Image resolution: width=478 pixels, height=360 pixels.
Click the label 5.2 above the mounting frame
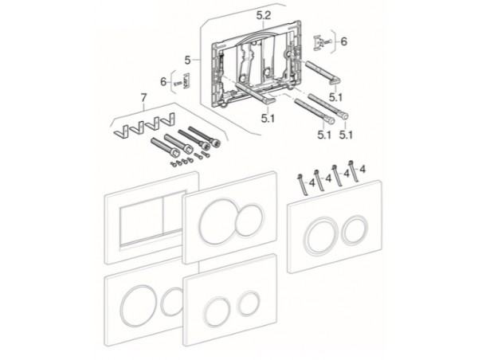264,16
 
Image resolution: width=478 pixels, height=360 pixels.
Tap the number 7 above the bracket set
143,97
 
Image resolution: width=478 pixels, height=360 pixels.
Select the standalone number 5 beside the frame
187,61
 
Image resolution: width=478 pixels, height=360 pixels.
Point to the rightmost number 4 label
362,169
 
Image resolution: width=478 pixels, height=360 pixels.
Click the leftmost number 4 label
311,183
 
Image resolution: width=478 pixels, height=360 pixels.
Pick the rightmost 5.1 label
346,135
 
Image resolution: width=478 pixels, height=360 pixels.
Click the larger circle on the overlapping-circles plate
218,220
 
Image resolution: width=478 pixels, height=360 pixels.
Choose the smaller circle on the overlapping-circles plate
249,220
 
